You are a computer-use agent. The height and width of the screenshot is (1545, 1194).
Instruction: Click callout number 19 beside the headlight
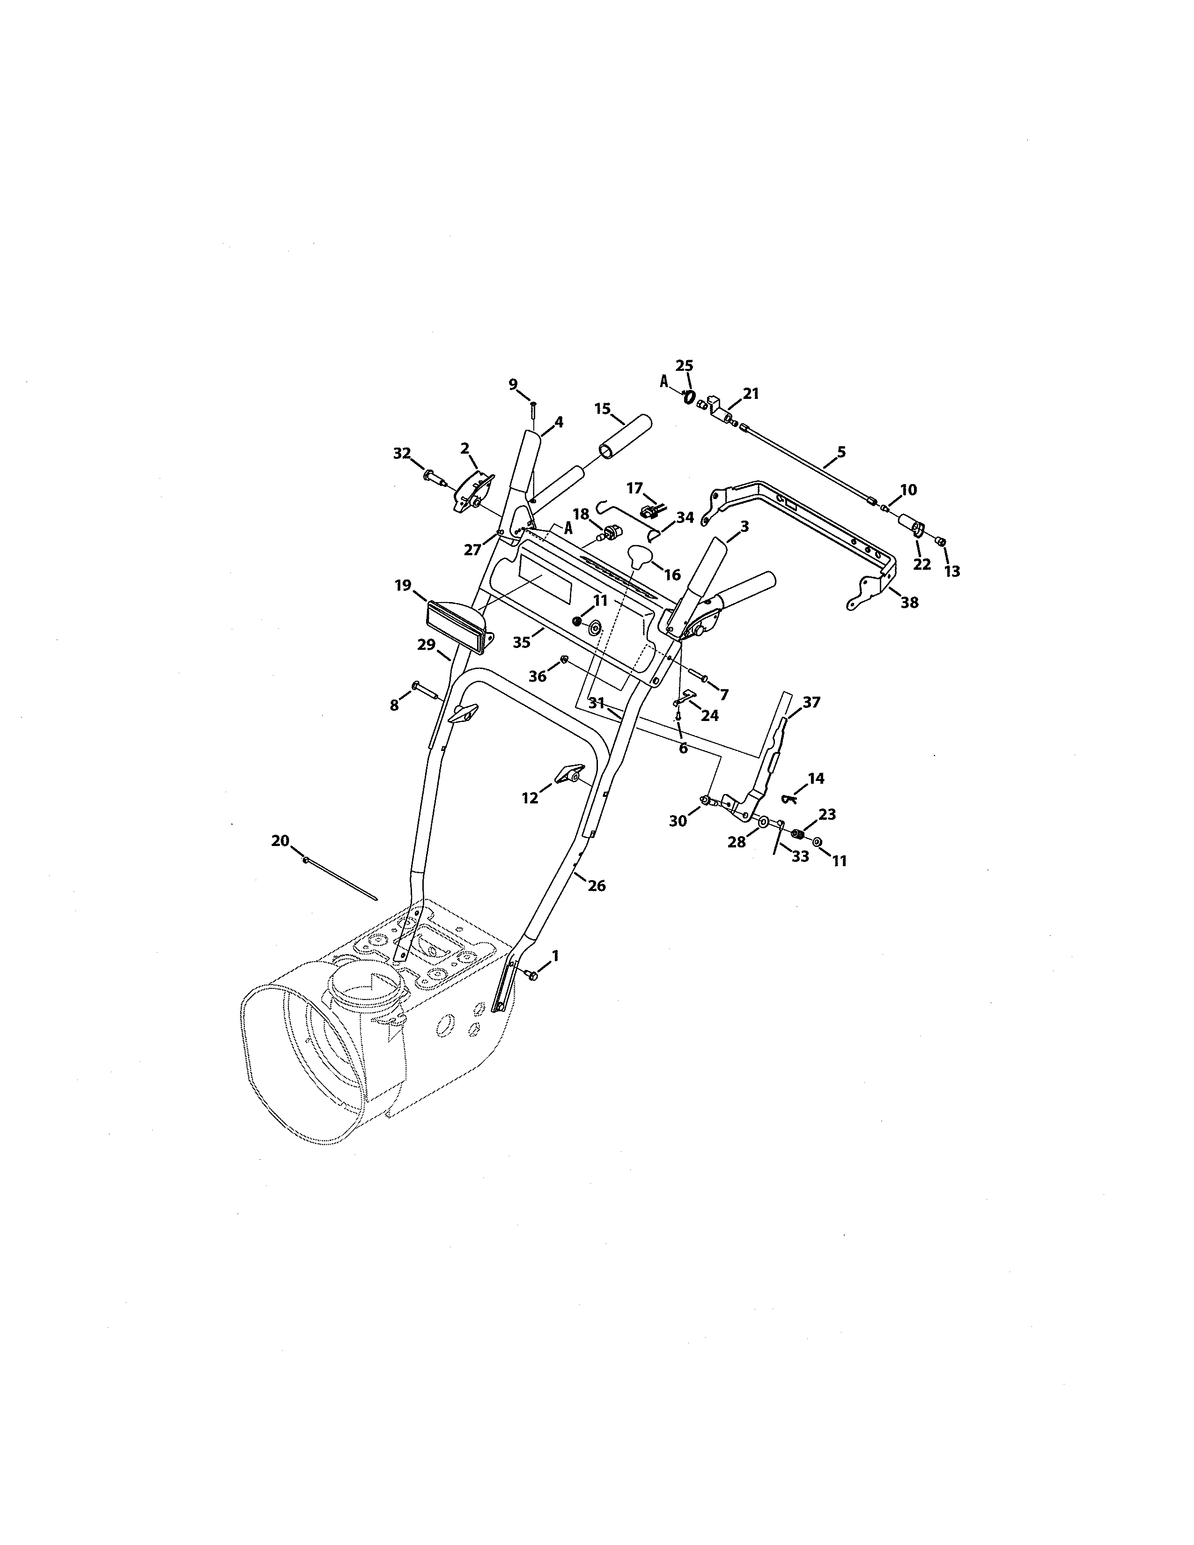pyautogui.click(x=403, y=585)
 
